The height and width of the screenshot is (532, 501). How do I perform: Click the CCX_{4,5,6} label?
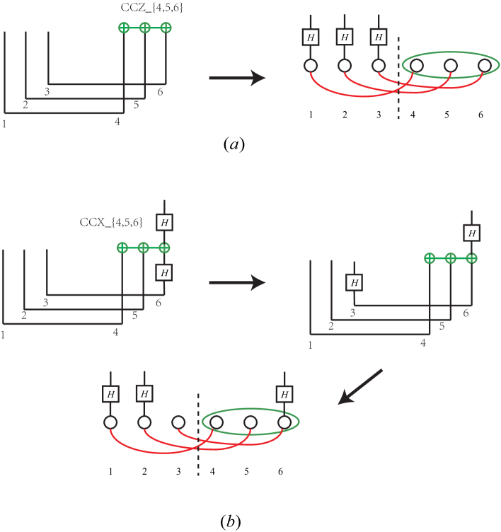click(111, 223)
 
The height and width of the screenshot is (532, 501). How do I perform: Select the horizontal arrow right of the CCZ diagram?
click(236, 78)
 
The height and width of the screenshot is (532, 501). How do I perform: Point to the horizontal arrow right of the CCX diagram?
click(236, 283)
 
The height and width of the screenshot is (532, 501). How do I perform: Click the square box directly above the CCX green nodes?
click(164, 222)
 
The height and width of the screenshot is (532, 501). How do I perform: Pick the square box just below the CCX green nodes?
click(164, 272)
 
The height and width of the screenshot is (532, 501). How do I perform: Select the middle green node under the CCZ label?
click(144, 28)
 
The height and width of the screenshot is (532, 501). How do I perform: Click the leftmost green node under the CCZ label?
click(123, 28)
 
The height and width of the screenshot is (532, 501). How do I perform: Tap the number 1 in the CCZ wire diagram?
click(5, 125)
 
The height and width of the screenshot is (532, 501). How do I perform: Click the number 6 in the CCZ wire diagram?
click(161, 92)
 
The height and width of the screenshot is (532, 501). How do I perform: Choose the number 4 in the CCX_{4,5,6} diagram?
click(116, 331)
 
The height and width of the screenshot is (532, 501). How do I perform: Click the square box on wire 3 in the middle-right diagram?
click(354, 282)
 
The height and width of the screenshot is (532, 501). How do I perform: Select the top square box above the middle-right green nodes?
click(471, 233)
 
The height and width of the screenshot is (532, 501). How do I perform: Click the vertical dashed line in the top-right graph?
click(398, 78)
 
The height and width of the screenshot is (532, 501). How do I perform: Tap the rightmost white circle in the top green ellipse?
click(485, 66)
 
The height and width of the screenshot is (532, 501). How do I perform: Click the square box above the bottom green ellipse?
click(284, 394)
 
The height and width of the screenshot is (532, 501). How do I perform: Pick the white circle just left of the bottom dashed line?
click(178, 423)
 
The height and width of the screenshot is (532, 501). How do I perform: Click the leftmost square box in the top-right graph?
click(310, 36)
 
